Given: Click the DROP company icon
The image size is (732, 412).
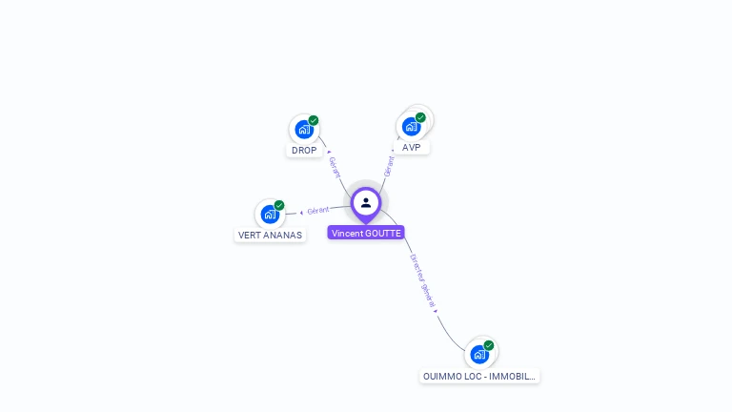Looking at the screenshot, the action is coord(303,129).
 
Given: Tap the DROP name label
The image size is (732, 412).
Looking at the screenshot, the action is coord(304,151).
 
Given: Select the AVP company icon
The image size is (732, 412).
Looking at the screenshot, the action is coord(411,126).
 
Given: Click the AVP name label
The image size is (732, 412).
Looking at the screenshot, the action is coord(412,148).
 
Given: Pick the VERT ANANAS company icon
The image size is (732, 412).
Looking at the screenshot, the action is coord(270,214).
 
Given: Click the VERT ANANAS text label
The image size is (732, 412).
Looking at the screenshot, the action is coord(270,236).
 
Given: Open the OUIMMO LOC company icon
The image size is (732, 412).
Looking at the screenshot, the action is coord(479,354).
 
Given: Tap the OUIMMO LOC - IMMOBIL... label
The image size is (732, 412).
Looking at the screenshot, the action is coord(479,377).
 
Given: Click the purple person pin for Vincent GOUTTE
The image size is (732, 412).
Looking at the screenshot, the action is coord(366,203).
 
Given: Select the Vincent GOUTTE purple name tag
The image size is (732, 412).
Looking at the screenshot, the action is coord(366,233).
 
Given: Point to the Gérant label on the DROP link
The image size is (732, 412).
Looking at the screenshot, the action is coord(334,167).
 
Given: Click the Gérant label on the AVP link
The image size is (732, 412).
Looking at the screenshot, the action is coord(389,165).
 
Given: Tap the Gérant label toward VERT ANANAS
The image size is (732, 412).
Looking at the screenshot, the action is coord(318,210).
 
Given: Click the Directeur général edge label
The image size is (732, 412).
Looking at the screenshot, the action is coord(422,280).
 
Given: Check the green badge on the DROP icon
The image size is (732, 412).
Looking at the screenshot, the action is coord(314,120).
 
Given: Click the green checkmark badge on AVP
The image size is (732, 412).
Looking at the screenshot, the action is coord(420,117).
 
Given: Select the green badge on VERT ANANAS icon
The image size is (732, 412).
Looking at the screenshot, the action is coord(279,205).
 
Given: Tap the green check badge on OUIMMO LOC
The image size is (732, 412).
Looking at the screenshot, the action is coord(489,345).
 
